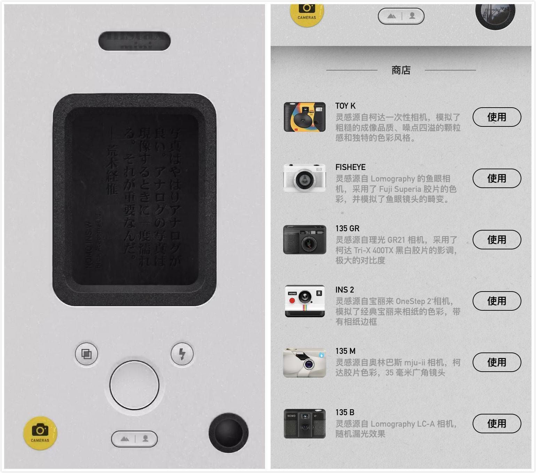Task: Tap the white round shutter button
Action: click(134, 385)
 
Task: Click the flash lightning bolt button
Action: click(182, 354)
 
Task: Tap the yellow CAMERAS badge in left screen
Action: click(40, 433)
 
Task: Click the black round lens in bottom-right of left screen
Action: click(228, 433)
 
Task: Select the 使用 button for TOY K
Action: click(496, 117)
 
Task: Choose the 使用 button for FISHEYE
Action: click(496, 178)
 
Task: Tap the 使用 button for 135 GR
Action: click(496, 240)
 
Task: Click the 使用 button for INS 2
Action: click(496, 301)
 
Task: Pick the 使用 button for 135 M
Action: click(496, 362)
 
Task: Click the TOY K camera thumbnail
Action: click(305, 117)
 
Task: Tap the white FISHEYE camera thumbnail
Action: click(305, 178)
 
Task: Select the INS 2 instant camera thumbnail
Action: click(305, 301)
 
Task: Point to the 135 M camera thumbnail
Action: click(305, 362)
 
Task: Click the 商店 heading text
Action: click(401, 70)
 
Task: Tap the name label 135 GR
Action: click(347, 228)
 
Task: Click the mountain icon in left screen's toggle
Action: click(124, 439)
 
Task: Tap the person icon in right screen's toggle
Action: click(412, 16)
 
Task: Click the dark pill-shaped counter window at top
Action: click(134, 41)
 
